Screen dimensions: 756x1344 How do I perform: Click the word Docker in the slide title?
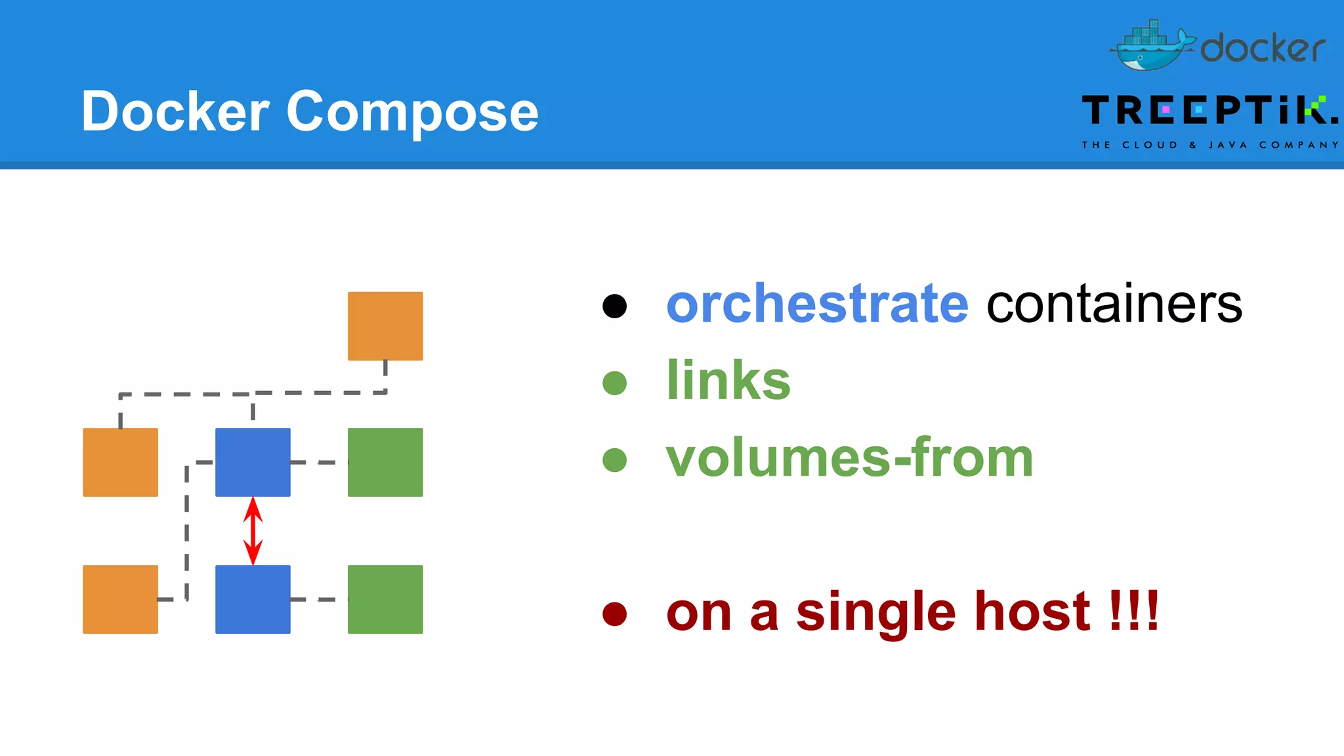(x=175, y=112)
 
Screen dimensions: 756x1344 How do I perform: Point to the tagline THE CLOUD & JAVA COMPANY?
(x=1209, y=145)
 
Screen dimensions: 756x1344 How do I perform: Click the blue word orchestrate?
(x=817, y=304)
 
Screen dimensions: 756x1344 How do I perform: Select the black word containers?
(x=1114, y=304)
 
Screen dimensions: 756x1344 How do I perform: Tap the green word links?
(x=728, y=381)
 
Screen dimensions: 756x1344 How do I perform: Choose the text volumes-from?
(x=849, y=458)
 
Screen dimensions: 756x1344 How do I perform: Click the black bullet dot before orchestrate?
(x=615, y=306)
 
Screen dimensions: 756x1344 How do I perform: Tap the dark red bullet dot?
(x=615, y=614)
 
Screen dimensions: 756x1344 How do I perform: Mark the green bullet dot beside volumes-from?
(x=615, y=460)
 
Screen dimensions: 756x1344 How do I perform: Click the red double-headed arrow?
(x=253, y=531)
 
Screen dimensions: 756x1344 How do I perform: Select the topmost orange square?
(x=385, y=326)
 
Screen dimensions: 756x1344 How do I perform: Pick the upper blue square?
(x=253, y=462)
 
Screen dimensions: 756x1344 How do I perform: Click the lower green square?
(x=385, y=599)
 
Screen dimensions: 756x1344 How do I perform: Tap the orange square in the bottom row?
(x=120, y=599)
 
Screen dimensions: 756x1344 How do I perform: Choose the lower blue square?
(x=253, y=599)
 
